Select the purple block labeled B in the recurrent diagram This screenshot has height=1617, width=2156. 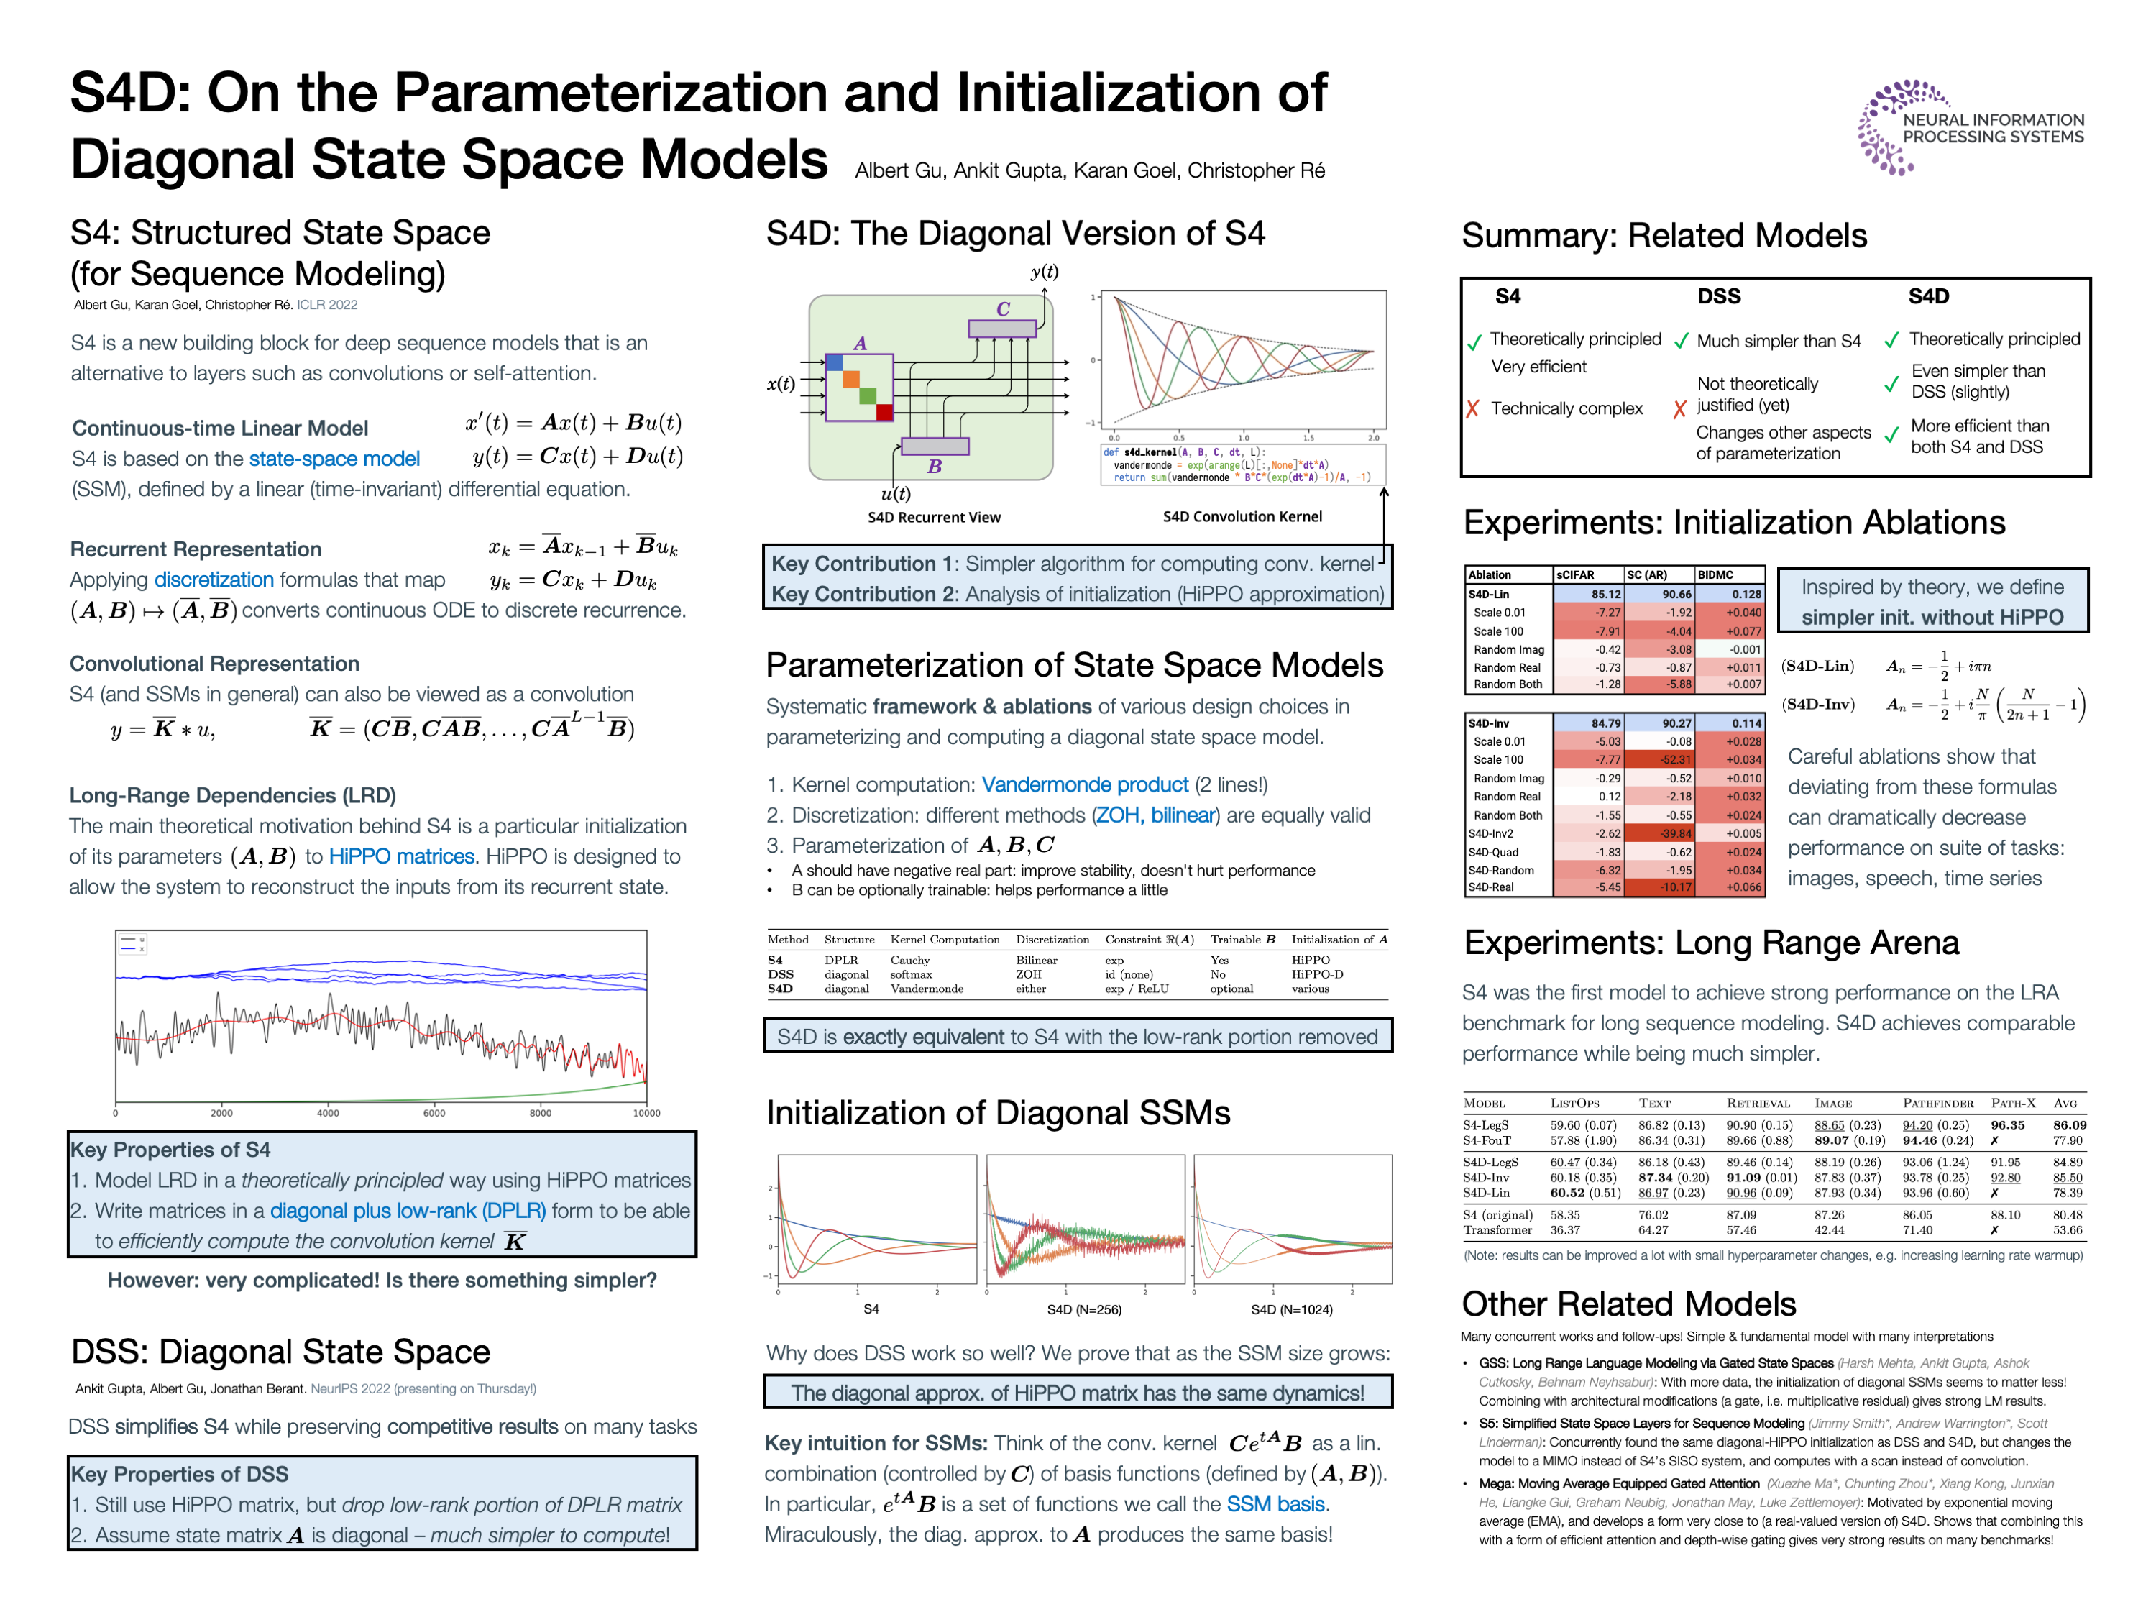click(x=935, y=446)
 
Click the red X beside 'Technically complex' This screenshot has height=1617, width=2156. click(x=1473, y=408)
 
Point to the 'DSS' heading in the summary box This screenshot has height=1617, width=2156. click(x=1718, y=296)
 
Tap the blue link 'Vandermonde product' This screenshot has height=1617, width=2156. click(x=1084, y=784)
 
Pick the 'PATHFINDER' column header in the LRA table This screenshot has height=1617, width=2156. click(x=1937, y=1104)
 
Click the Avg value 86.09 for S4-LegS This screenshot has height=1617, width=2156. click(x=2068, y=1124)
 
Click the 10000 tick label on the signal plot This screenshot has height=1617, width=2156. click(x=646, y=1113)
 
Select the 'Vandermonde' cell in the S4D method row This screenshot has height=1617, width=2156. click(x=926, y=989)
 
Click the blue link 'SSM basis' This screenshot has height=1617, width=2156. click(x=1276, y=1504)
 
